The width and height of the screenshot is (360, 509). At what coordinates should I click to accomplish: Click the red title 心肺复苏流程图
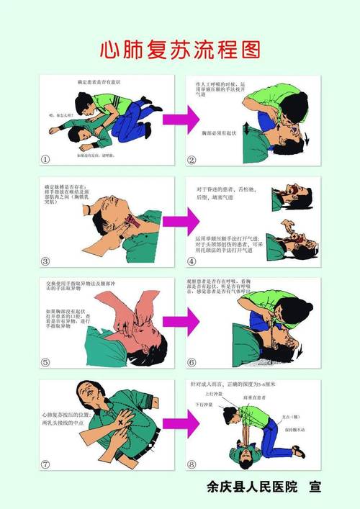[179, 50]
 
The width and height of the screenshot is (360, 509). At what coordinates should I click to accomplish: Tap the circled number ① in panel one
[46, 160]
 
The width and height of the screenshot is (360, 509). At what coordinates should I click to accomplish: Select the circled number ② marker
[193, 160]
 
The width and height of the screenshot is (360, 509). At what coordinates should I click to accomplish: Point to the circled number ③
[46, 261]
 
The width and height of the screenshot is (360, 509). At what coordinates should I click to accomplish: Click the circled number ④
[193, 261]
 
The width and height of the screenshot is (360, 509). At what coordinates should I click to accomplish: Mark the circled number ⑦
[46, 464]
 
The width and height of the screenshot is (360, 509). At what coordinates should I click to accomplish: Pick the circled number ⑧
[193, 464]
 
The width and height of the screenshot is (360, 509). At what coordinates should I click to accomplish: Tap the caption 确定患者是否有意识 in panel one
[101, 84]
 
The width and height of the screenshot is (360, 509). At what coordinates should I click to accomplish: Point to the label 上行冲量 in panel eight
[215, 396]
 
